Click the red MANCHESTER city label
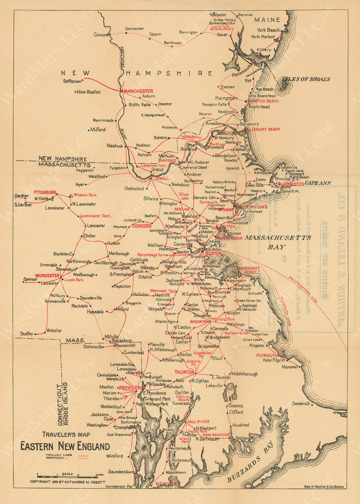(138, 91)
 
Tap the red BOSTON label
(213, 253)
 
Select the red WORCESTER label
(47, 275)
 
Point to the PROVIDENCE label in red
(132, 388)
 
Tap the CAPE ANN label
(318, 183)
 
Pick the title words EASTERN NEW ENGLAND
(65, 446)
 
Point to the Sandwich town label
(301, 403)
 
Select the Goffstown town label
(72, 81)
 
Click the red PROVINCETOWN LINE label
(303, 291)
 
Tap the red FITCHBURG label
(45, 192)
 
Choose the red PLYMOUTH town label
(267, 355)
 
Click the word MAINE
(267, 20)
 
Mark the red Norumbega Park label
(152, 255)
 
